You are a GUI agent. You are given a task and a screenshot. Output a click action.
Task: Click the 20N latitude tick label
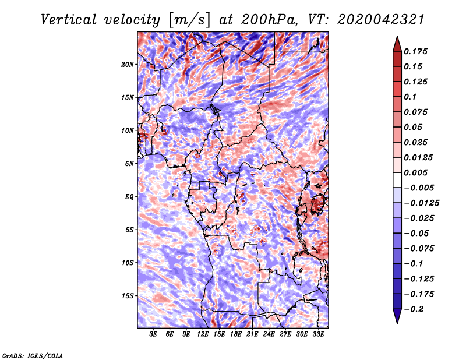(x=128, y=64)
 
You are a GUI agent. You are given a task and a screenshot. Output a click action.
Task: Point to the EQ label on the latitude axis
(x=129, y=196)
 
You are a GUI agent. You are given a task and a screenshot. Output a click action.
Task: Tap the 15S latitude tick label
(x=128, y=295)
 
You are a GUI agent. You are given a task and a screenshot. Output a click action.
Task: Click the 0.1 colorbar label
(x=411, y=97)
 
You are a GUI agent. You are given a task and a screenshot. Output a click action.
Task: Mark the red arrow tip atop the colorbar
(x=397, y=38)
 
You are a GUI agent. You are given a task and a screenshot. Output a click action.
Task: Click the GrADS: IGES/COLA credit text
(x=32, y=354)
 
